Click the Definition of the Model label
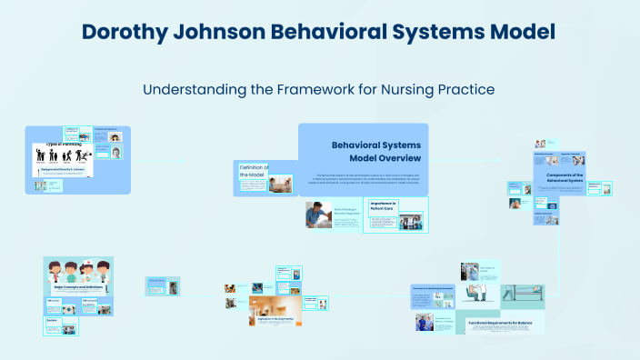tap(252, 171)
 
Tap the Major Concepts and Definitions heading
tap(77, 287)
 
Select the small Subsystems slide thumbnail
tap(157, 285)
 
